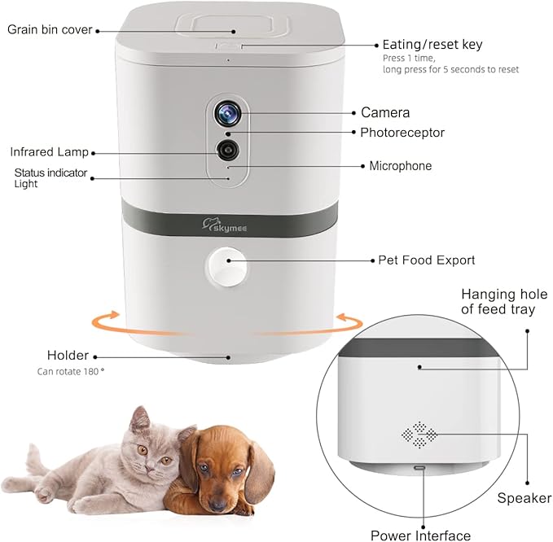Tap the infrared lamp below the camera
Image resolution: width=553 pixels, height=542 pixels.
(227, 150)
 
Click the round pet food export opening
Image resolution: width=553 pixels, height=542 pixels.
(227, 261)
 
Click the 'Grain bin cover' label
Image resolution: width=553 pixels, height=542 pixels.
(50, 30)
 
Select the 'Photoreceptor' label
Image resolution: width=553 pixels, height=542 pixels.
(402, 132)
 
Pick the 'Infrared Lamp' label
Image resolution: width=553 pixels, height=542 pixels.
(49, 152)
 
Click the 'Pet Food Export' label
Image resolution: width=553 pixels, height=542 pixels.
(427, 260)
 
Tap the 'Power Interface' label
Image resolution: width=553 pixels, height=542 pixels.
(420, 535)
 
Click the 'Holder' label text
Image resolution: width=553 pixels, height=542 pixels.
(68, 356)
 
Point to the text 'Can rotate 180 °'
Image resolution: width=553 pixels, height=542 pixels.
(71, 371)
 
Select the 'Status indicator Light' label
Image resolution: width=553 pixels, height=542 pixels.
(50, 178)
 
